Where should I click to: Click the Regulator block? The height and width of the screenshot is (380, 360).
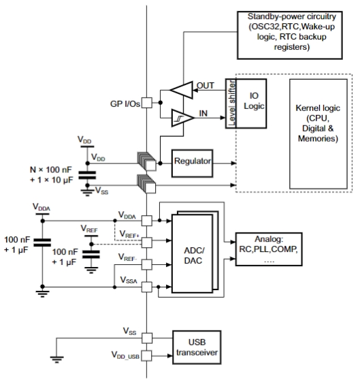click(192, 163)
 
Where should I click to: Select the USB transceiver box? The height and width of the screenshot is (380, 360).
click(197, 347)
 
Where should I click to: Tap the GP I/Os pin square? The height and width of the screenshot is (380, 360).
click(147, 103)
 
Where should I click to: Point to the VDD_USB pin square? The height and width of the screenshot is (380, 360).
click(147, 355)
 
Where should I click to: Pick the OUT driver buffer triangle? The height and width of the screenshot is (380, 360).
click(182, 90)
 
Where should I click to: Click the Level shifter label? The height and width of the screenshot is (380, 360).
click(231, 104)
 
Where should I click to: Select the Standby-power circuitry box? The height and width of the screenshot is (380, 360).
click(289, 35)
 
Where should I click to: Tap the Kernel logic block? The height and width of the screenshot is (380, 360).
click(318, 133)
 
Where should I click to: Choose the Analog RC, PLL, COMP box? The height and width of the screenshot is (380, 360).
click(269, 249)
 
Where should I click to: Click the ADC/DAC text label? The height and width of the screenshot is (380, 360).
click(193, 255)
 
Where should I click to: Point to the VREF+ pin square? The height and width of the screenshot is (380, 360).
click(147, 242)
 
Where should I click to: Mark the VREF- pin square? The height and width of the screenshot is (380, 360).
click(147, 264)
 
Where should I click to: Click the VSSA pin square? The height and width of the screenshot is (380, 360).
click(147, 287)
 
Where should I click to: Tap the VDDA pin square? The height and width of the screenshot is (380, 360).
click(147, 221)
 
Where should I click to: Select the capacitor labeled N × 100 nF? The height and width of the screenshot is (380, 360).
click(87, 175)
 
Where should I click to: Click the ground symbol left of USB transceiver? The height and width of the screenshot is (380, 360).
click(57, 359)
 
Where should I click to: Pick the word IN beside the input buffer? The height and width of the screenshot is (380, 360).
click(203, 113)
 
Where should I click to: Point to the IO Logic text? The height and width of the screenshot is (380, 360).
click(254, 101)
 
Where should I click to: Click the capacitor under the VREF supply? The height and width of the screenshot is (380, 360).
click(91, 254)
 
